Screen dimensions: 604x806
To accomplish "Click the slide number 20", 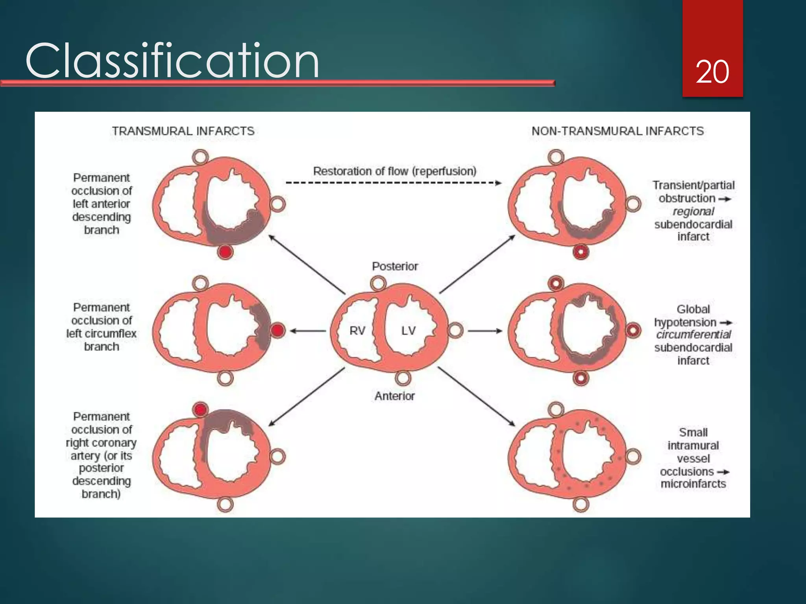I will coord(712,72).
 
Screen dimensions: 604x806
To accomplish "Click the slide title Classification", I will coord(172,61).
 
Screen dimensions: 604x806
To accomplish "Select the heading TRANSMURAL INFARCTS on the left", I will coord(183,131).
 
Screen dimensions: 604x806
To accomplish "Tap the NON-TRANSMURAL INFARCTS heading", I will coord(617,131).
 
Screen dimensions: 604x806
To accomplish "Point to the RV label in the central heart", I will coord(357,331).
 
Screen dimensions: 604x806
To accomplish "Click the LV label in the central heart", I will coord(408,331).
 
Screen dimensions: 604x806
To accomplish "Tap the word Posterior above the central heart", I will coord(395,266).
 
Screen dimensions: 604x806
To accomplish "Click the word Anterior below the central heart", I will coord(394,396).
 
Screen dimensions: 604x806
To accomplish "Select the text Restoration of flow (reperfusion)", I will coord(394,171).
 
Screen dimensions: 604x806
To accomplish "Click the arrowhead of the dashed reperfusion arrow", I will coord(499,183).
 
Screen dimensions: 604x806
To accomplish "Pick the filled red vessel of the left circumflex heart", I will coord(277,330).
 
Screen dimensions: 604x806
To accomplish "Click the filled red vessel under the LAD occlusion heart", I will coord(225,252).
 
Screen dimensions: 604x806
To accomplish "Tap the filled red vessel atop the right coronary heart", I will coord(200,410).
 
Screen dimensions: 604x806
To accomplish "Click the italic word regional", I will coord(693,211).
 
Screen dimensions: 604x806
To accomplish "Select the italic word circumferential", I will coord(693,335).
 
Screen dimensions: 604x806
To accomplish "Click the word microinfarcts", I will coord(693,484).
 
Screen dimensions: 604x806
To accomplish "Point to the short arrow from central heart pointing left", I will coord(307,331).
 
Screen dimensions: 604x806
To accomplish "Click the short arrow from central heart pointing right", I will coord(485,331).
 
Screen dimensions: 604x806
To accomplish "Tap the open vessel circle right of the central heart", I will coord(455,330).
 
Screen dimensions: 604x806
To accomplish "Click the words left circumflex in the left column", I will coord(101,333).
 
